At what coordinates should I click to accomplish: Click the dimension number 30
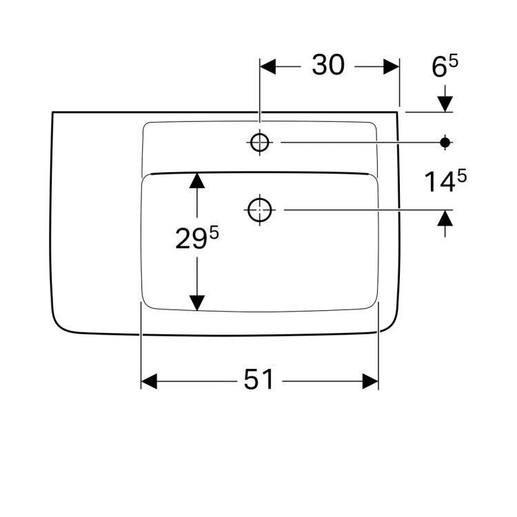(x=328, y=66)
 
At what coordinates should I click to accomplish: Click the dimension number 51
(x=258, y=380)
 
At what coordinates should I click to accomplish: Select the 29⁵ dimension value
(x=196, y=239)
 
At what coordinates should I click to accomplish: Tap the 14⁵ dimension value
(x=445, y=182)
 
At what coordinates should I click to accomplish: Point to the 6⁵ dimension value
(x=445, y=68)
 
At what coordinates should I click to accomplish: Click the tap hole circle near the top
(x=260, y=142)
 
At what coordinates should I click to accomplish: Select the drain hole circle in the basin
(x=260, y=209)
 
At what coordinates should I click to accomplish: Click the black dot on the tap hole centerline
(x=445, y=142)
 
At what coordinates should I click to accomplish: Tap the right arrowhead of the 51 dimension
(x=370, y=381)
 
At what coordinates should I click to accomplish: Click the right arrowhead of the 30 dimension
(x=392, y=66)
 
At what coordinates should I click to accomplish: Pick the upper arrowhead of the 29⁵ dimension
(x=197, y=181)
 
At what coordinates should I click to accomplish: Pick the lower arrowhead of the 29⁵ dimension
(x=197, y=302)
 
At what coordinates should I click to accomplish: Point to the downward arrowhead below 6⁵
(x=445, y=103)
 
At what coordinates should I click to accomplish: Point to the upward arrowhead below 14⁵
(x=445, y=219)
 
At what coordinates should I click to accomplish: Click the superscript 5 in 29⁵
(x=214, y=233)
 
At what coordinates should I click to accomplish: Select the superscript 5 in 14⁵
(x=461, y=176)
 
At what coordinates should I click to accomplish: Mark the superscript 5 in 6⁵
(x=454, y=62)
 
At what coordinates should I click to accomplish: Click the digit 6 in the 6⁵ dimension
(x=439, y=68)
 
